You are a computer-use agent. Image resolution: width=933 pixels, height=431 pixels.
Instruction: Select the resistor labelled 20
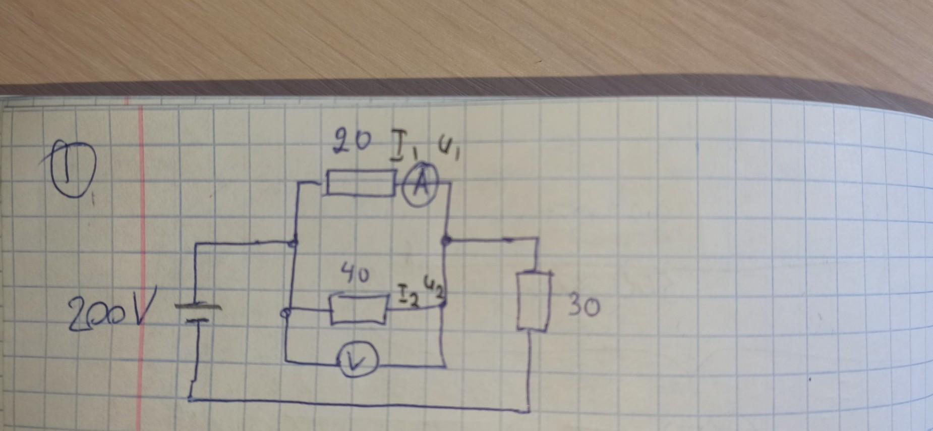pos(360,183)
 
